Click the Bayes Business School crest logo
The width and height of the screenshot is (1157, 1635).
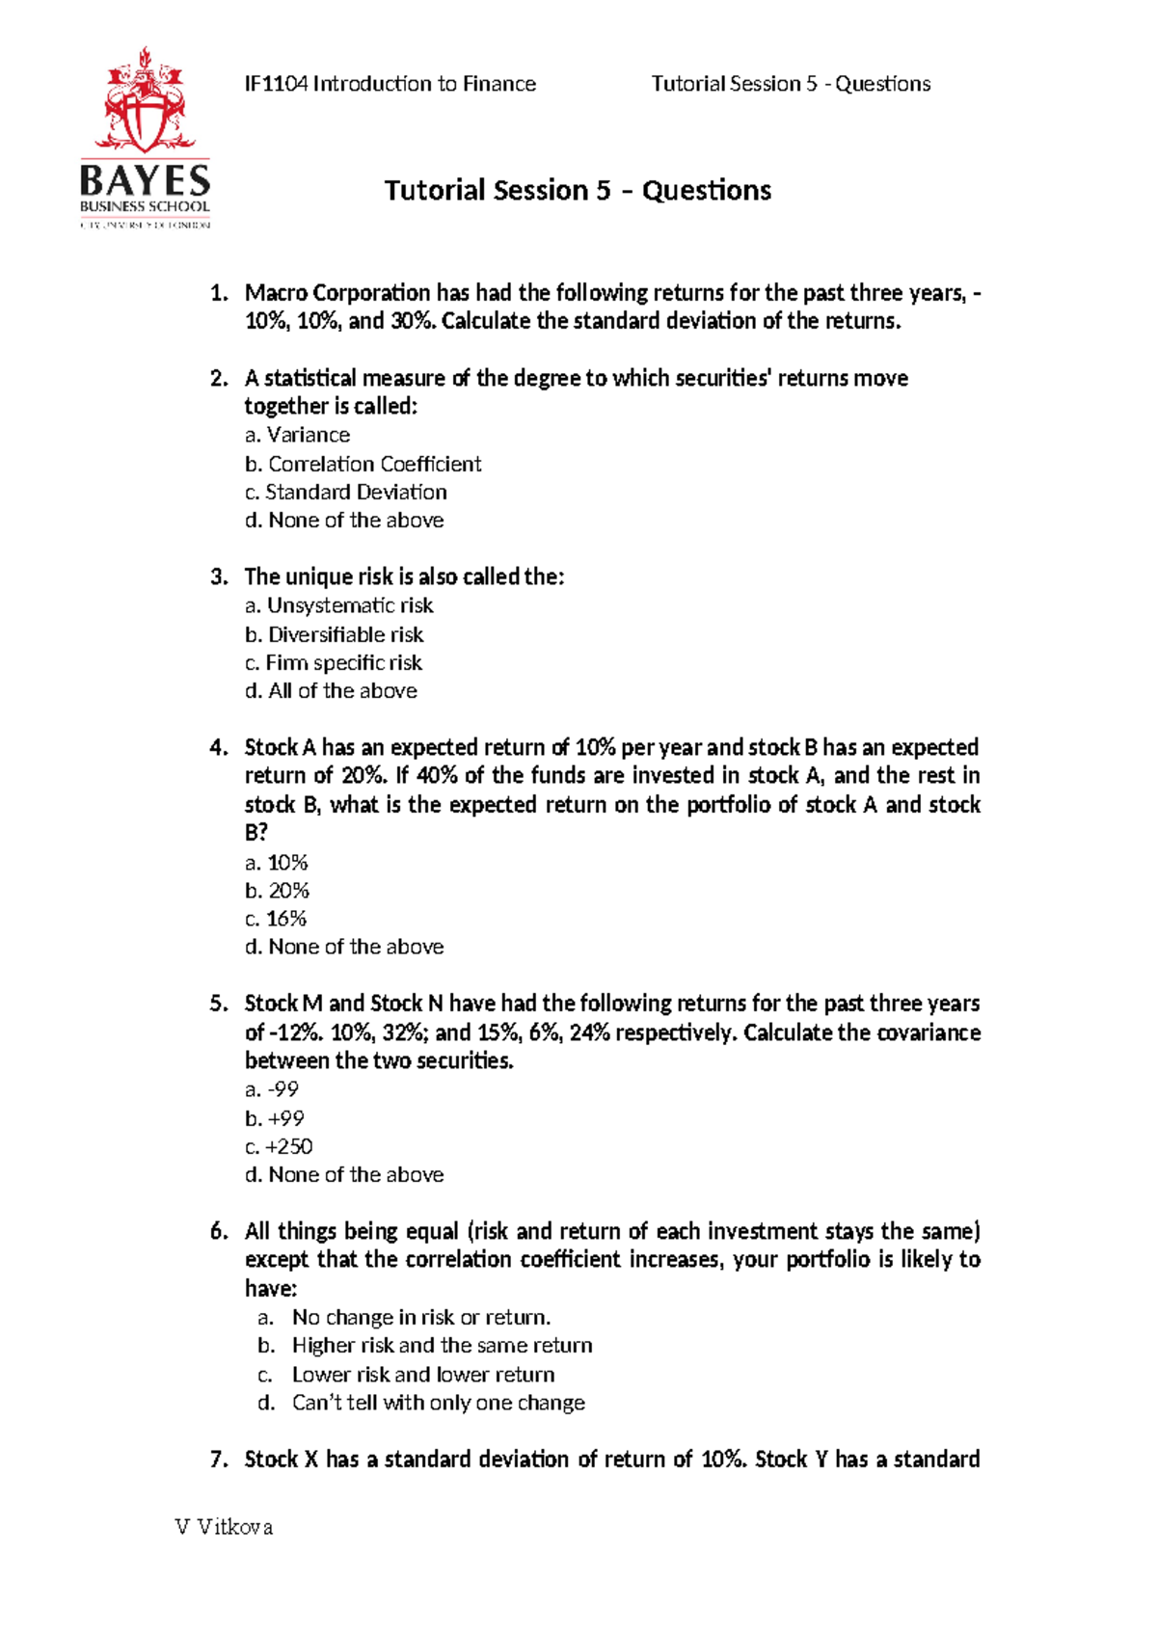(145, 100)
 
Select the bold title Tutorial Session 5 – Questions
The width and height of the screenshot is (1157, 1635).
(578, 190)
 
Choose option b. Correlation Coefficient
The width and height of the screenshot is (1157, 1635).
(363, 464)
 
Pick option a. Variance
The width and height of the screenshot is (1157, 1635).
(297, 435)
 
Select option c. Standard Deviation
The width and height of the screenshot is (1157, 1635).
(345, 492)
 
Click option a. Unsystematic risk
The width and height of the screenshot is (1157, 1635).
(338, 605)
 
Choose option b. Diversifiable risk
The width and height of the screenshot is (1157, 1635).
(334, 634)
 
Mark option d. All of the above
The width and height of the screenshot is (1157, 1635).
(331, 690)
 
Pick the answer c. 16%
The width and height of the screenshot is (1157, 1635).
(276, 919)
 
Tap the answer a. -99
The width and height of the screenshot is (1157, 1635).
(272, 1089)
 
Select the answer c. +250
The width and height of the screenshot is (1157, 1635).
(279, 1146)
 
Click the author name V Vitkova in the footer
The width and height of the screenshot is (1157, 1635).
(224, 1527)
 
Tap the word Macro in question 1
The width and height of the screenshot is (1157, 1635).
(276, 293)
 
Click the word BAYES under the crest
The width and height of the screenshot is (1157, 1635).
(145, 181)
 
